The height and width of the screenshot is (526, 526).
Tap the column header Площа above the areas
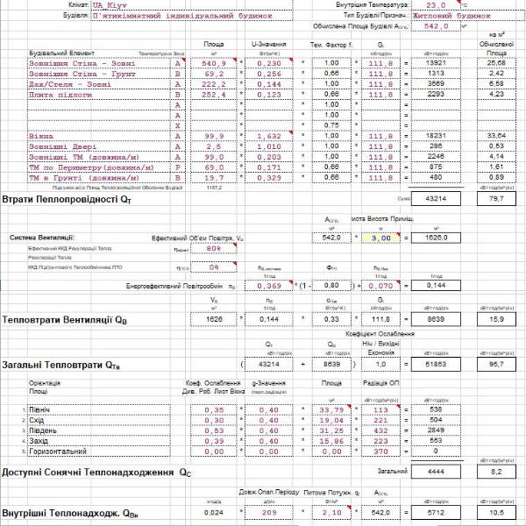click(213, 42)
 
